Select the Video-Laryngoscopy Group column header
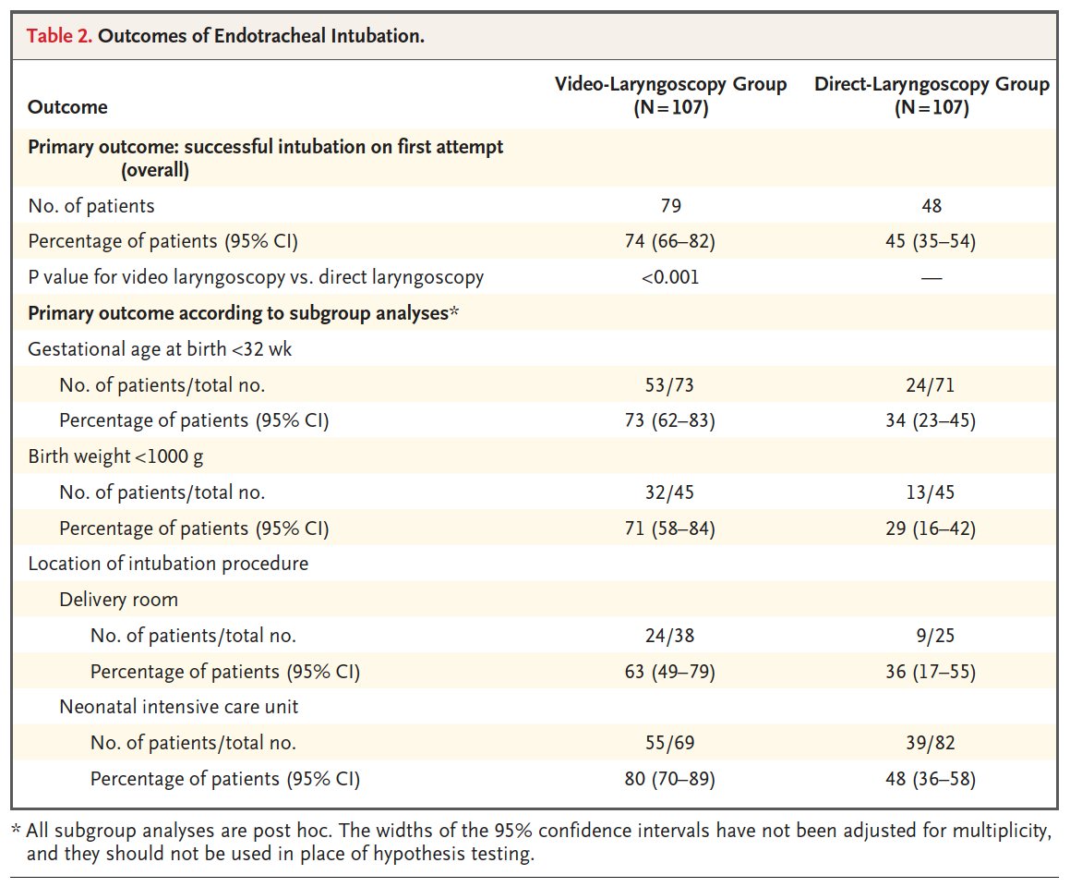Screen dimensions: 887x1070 [x=670, y=95]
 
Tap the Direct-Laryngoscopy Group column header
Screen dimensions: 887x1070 [x=932, y=95]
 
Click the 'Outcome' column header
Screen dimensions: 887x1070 [x=67, y=107]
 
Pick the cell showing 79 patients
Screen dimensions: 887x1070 [x=670, y=205]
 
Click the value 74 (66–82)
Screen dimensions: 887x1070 [x=670, y=241]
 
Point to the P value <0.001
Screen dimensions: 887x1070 [x=670, y=277]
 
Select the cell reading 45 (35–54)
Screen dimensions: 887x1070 [x=932, y=241]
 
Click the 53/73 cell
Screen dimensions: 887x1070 [x=670, y=385]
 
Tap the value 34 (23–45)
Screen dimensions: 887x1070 [x=932, y=421]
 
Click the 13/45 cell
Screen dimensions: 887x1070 [x=932, y=492]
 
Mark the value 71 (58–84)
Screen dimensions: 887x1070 [x=670, y=529]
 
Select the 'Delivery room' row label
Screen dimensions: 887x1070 [x=118, y=600]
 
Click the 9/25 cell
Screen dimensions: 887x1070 [x=932, y=636]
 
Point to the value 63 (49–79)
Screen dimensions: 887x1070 [x=670, y=672]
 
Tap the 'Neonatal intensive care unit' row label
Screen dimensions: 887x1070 [x=178, y=708]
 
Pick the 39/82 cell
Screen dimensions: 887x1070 [x=932, y=743]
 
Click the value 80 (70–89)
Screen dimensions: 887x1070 [x=670, y=779]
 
